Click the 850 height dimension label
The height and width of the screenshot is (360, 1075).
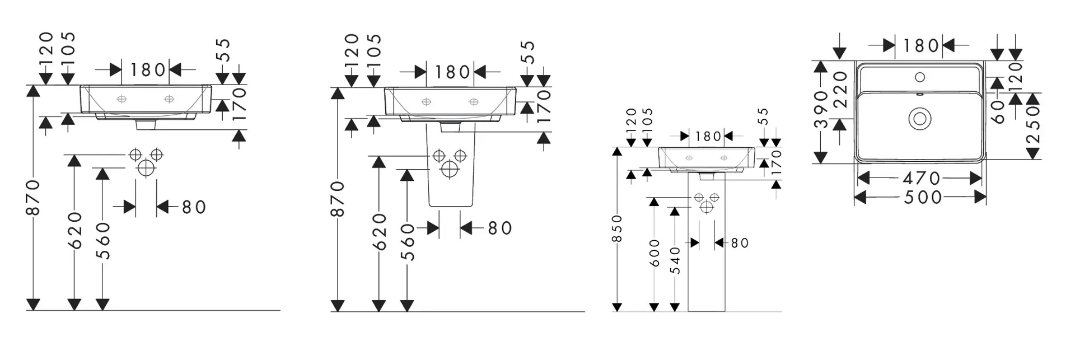617,229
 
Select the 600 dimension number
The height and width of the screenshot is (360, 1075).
655,254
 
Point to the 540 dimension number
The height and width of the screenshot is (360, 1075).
676,261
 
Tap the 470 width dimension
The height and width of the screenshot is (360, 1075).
921,178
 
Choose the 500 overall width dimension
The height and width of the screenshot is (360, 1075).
922,197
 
